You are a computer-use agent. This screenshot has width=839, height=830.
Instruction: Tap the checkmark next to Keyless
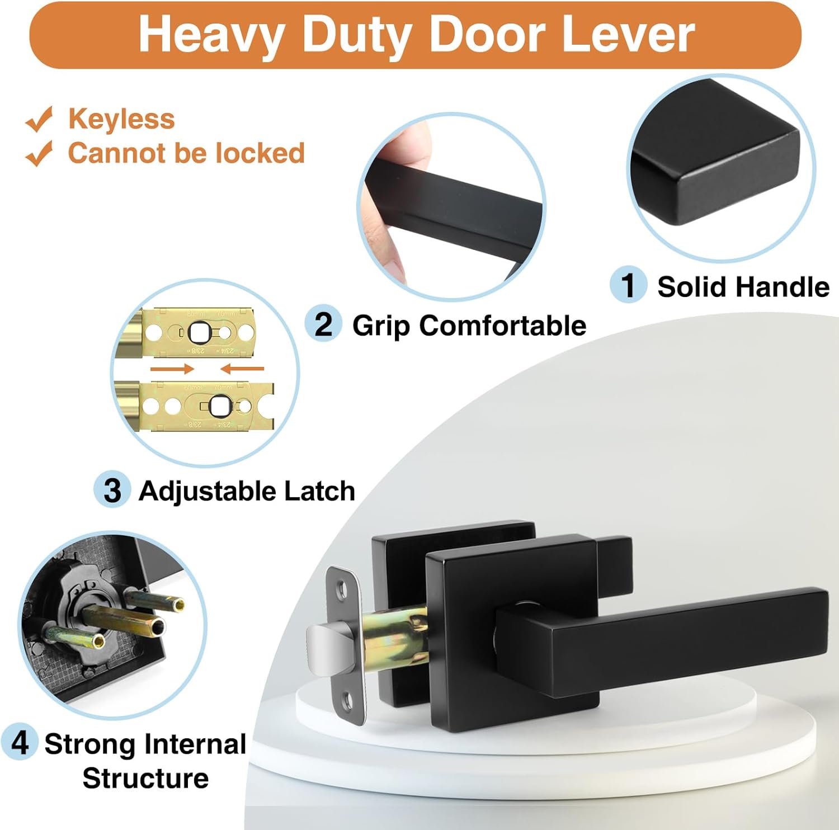[x=39, y=119]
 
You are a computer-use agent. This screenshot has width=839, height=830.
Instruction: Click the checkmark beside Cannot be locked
[x=39, y=154]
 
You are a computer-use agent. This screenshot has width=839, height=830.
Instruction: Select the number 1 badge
[x=628, y=285]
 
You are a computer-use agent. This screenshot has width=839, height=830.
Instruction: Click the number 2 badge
[x=323, y=324]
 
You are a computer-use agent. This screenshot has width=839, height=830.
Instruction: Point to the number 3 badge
[x=112, y=490]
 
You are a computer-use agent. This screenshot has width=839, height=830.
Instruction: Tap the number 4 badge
[x=20, y=742]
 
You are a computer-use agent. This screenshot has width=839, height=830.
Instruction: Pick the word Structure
[x=145, y=778]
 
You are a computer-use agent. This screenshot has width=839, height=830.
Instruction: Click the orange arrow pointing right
[x=172, y=369]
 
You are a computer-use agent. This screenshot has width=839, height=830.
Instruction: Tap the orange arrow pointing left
[x=242, y=369]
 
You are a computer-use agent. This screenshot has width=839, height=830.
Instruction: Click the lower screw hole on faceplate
[x=348, y=700]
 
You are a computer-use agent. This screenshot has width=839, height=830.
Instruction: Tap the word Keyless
[x=121, y=119]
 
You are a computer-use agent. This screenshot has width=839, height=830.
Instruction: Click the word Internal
[x=195, y=744]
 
